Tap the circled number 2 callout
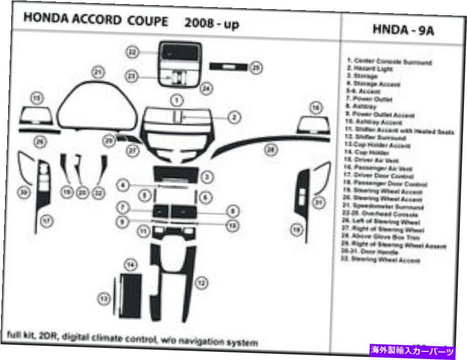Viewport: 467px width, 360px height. point(234,117)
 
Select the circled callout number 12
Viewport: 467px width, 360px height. point(202,283)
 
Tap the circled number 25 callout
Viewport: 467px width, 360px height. point(257,67)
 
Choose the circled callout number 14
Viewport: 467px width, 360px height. point(131,264)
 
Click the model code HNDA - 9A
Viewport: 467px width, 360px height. point(403,30)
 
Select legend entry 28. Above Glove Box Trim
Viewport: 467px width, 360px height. point(387,237)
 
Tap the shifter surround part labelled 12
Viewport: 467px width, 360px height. point(172,281)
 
